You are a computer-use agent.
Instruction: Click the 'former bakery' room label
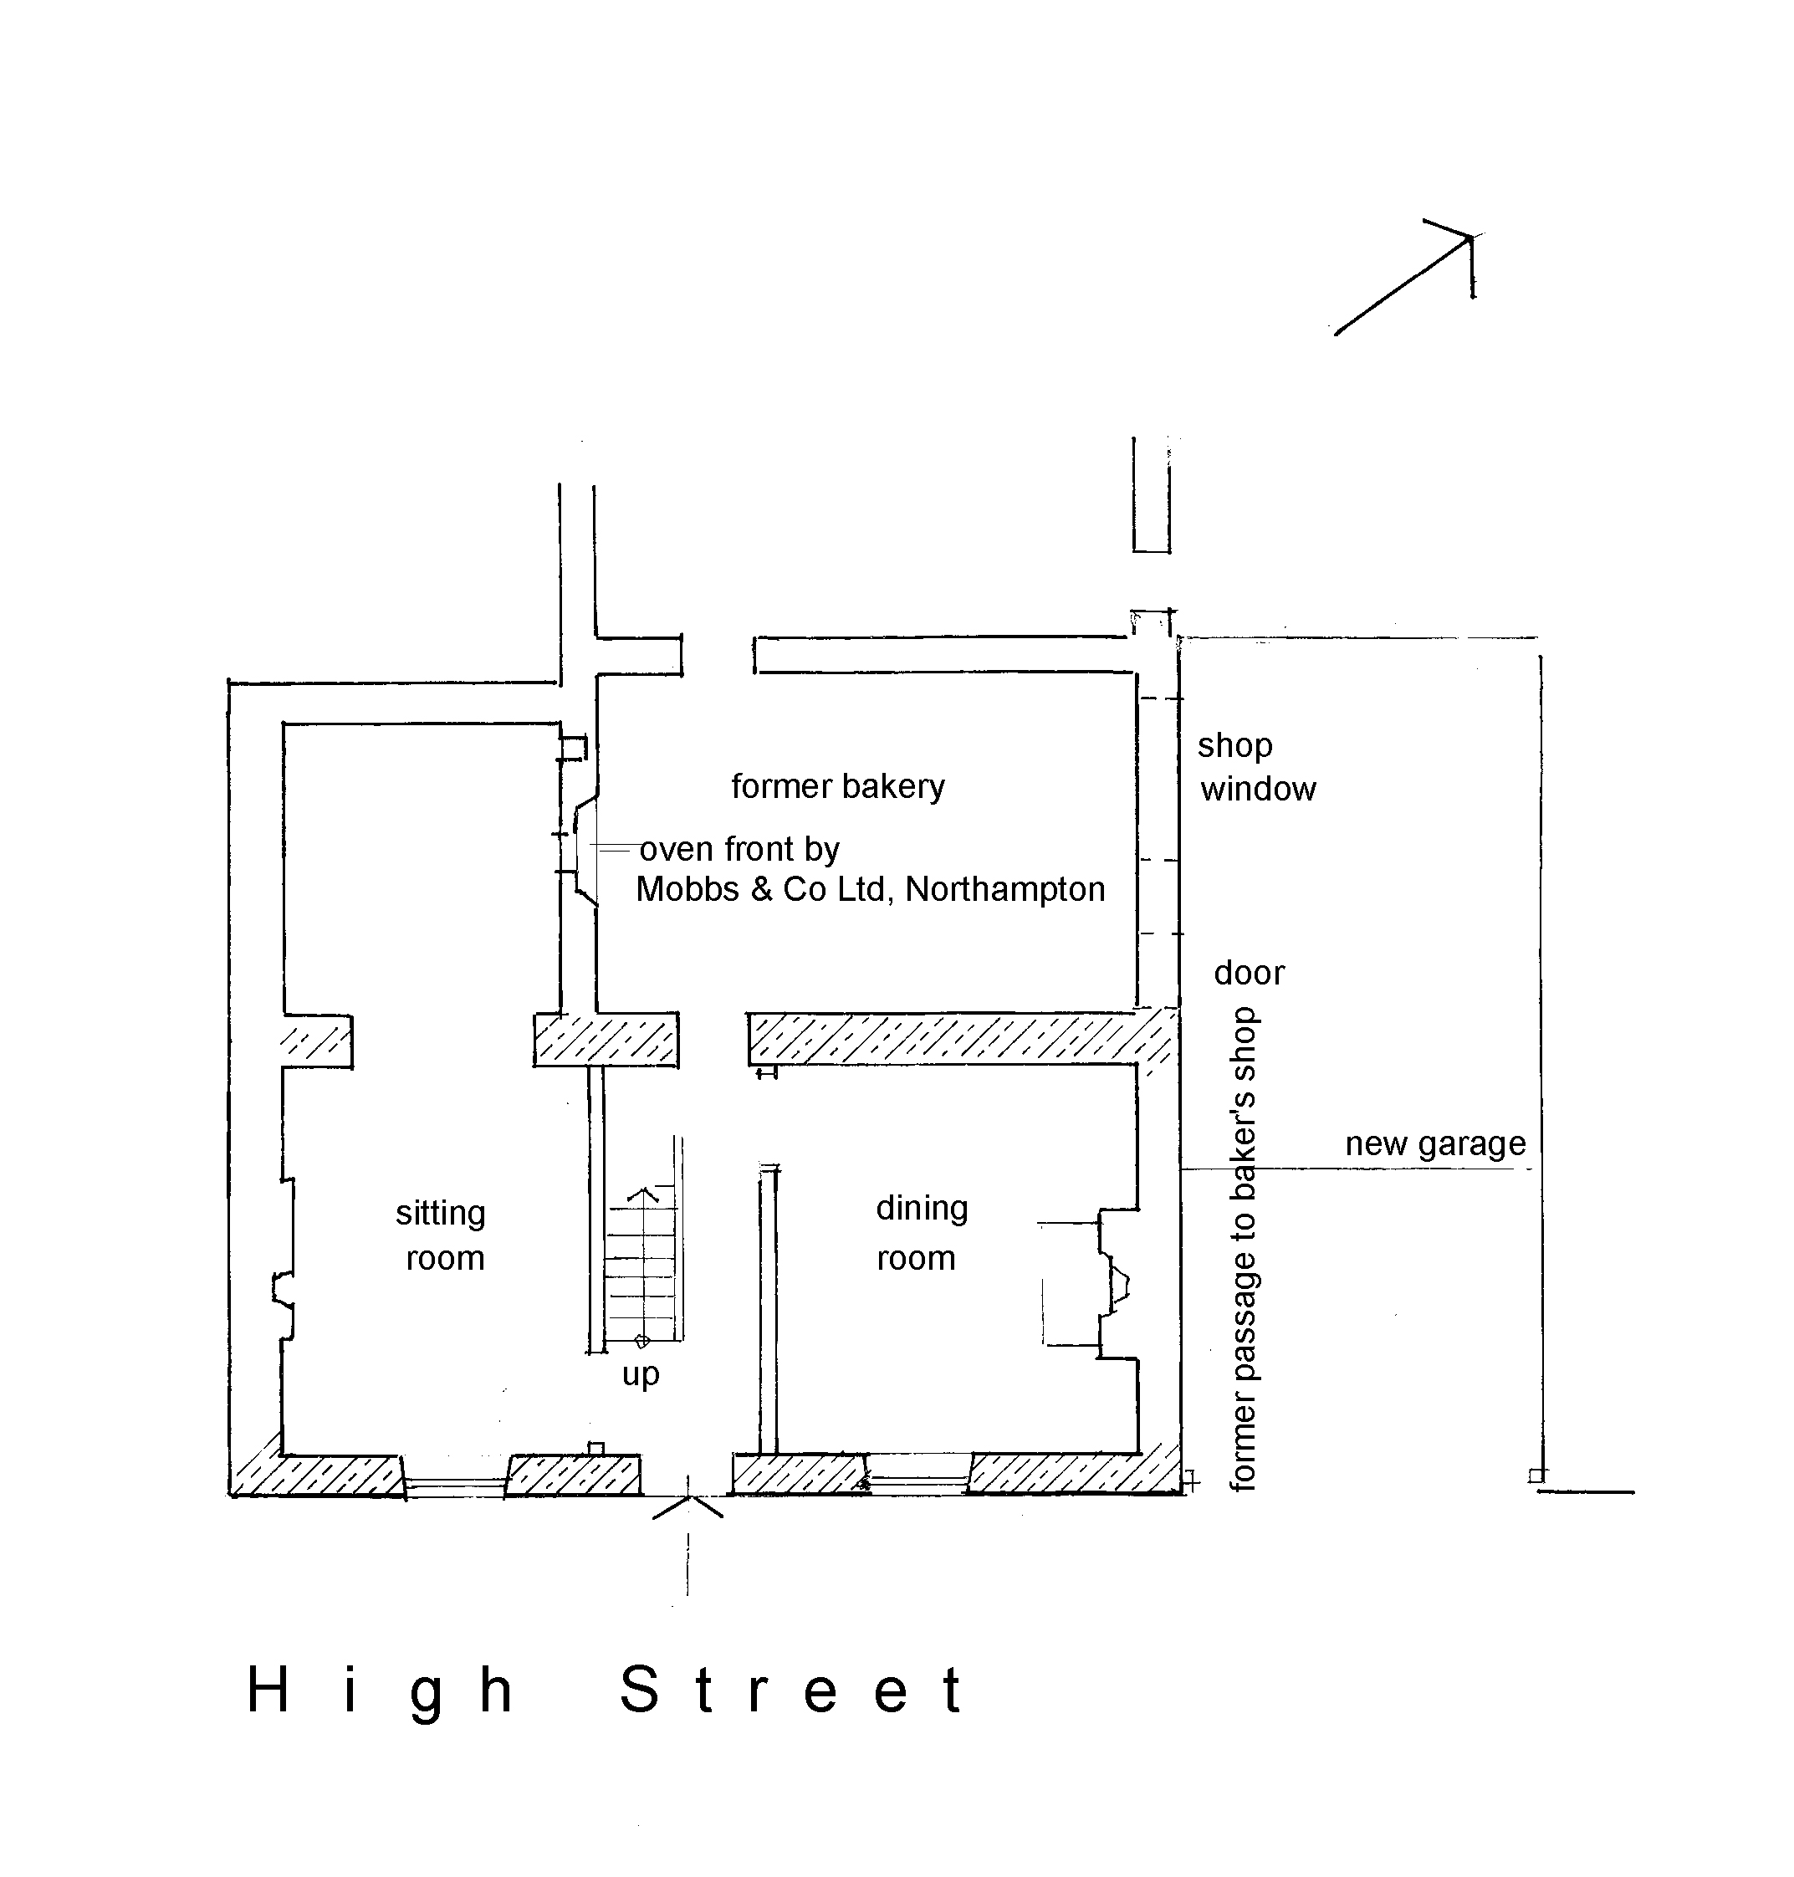[x=838, y=787]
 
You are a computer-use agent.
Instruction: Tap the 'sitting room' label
[x=442, y=1235]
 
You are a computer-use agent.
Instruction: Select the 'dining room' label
[x=921, y=1233]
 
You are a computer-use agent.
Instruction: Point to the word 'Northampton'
[x=1005, y=890]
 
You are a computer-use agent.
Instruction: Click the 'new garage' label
[x=1435, y=1144]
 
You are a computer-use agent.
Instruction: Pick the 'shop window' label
[x=1256, y=767]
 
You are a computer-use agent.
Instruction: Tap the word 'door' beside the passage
[x=1249, y=974]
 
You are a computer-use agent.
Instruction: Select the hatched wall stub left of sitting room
[x=316, y=1041]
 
